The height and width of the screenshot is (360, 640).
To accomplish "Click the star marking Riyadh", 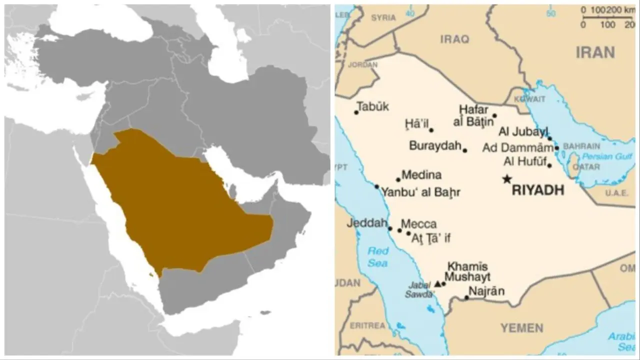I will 507,179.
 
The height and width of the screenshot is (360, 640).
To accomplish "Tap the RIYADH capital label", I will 538,190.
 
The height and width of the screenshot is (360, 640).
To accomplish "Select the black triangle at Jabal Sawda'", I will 438,284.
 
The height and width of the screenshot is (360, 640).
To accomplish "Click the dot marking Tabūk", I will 356,112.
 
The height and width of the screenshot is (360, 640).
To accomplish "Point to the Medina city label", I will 421,175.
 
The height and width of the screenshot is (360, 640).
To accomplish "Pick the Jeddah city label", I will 367,223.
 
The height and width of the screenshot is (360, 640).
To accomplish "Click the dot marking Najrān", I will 466,297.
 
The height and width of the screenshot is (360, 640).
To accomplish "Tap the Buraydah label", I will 434,146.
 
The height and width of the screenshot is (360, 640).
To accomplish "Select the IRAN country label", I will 595,52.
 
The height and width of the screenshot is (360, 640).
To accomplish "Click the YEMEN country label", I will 522,328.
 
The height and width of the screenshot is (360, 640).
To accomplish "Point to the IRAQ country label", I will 454,39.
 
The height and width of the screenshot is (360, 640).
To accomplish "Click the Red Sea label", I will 377,257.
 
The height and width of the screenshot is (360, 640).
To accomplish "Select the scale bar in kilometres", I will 607,18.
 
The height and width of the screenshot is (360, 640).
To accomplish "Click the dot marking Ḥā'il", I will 431,130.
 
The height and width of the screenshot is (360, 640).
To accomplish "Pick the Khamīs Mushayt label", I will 467,272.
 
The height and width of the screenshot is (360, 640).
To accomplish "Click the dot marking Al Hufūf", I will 549,165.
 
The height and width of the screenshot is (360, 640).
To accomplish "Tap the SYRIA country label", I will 383,18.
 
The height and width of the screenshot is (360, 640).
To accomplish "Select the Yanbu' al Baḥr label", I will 420,192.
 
